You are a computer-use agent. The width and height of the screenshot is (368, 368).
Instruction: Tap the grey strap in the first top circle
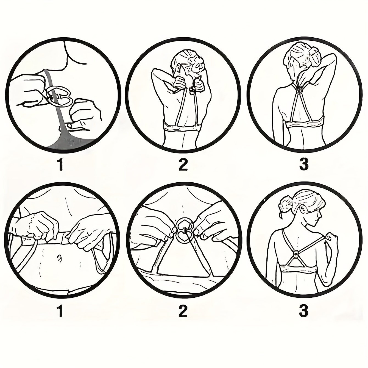pos(57,107)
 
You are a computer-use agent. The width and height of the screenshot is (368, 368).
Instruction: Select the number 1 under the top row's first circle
pos(60,165)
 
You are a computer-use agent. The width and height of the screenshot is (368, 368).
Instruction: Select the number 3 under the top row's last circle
pos(304,165)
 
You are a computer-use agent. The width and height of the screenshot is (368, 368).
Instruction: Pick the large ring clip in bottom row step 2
pos(183,231)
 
